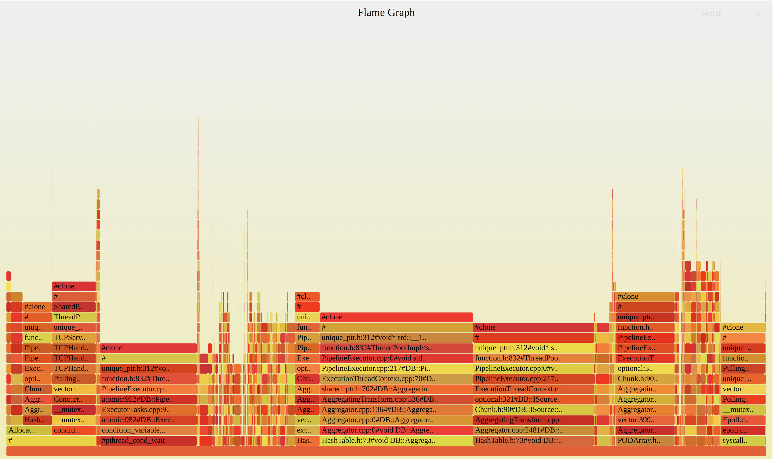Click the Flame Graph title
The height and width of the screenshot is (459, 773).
[386, 12]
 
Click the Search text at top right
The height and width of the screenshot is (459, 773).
[712, 14]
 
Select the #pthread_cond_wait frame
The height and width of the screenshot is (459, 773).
[148, 440]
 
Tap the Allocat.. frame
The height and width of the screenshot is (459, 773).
[29, 430]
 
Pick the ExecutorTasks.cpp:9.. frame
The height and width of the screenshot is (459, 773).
[148, 410]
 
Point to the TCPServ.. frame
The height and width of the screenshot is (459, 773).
[74, 338]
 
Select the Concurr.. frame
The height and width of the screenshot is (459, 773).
[74, 399]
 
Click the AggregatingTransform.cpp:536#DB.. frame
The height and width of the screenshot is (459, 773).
[396, 399]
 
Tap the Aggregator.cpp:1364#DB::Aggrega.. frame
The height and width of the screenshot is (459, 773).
[396, 410]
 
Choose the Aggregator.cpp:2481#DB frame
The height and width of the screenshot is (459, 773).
[533, 430]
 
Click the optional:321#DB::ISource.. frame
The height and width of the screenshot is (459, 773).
[533, 399]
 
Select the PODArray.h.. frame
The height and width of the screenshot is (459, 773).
[645, 440]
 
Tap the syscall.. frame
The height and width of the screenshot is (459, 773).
[743, 440]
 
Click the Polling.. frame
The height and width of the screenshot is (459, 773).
[743, 399]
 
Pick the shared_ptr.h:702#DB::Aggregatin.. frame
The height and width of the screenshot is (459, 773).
[396, 389]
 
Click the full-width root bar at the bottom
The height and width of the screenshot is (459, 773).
[386, 451]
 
